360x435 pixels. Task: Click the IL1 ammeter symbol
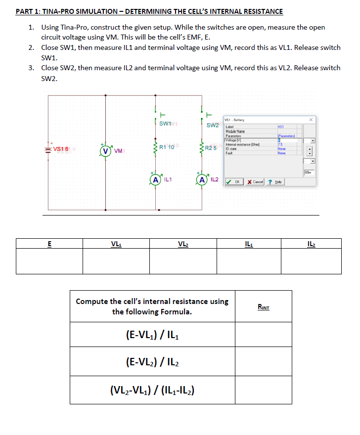pyautogui.click(x=156, y=179)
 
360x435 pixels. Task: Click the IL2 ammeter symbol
pyautogui.click(x=202, y=179)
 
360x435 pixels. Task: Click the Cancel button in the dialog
pyautogui.click(x=255, y=182)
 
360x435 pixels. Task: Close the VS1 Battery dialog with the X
pyautogui.click(x=311, y=120)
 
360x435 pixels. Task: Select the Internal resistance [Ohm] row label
pyautogui.click(x=243, y=144)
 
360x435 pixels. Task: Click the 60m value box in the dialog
pyautogui.click(x=308, y=172)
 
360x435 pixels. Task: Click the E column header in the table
pyautogui.click(x=49, y=243)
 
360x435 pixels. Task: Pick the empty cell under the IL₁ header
pyautogui.click(x=247, y=261)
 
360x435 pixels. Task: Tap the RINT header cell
pyautogui.click(x=264, y=306)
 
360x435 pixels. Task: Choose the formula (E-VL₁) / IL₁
pyautogui.click(x=151, y=335)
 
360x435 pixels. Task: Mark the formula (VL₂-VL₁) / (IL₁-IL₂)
pyautogui.click(x=151, y=390)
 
